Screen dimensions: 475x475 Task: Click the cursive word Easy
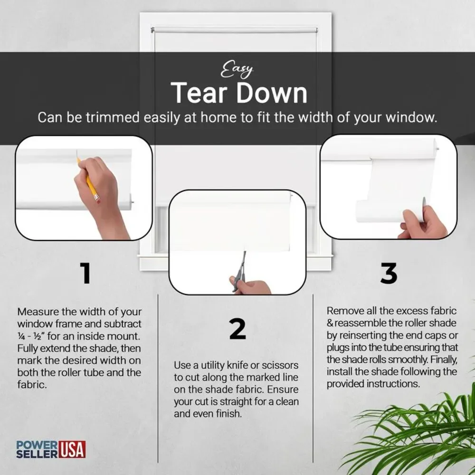coord(237,70)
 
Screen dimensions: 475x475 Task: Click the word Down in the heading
coord(272,93)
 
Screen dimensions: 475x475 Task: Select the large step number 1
coord(85,273)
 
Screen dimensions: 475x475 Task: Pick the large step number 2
coord(237,329)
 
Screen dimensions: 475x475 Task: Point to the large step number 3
coord(389,273)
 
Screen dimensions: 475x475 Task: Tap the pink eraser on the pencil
coord(97,199)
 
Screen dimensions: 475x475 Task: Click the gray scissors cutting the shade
coord(239,271)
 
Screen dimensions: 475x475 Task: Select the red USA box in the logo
coord(72,449)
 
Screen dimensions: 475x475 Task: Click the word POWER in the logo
coord(37,446)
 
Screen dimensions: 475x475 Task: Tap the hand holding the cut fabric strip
coord(424,223)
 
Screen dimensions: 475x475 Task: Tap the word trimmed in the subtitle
coord(113,117)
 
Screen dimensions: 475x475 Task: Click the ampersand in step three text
coord(330,323)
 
